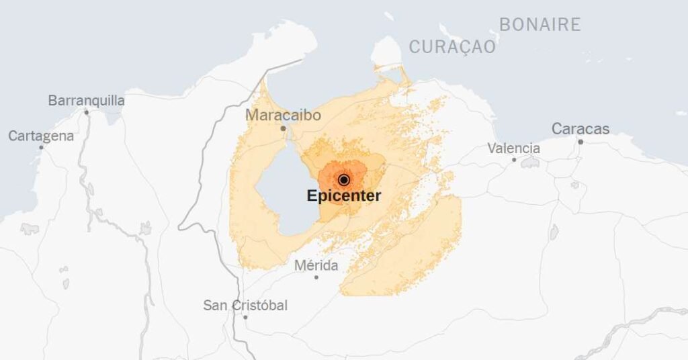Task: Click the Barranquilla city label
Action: pos(86,101)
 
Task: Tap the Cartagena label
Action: pos(41,136)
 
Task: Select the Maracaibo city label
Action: pos(283,115)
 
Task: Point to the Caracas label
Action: pos(580,128)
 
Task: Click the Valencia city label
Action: pos(513,148)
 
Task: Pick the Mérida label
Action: pos(316,266)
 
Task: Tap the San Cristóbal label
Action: pos(245,306)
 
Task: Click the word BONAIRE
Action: pos(540,25)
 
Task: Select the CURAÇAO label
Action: pos(452,47)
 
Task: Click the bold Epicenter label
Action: pos(344,196)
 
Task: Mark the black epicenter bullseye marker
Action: pos(344,180)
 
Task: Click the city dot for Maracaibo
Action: pos(283,128)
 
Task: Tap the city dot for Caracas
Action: pos(580,142)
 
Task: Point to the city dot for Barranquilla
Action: pos(86,112)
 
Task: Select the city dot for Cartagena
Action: pos(41,147)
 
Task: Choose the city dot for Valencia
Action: pos(514,160)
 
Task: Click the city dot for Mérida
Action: pos(316,277)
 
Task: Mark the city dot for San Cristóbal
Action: pos(245,317)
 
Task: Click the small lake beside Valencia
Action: pos(530,163)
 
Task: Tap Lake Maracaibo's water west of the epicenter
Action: pos(282,191)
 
